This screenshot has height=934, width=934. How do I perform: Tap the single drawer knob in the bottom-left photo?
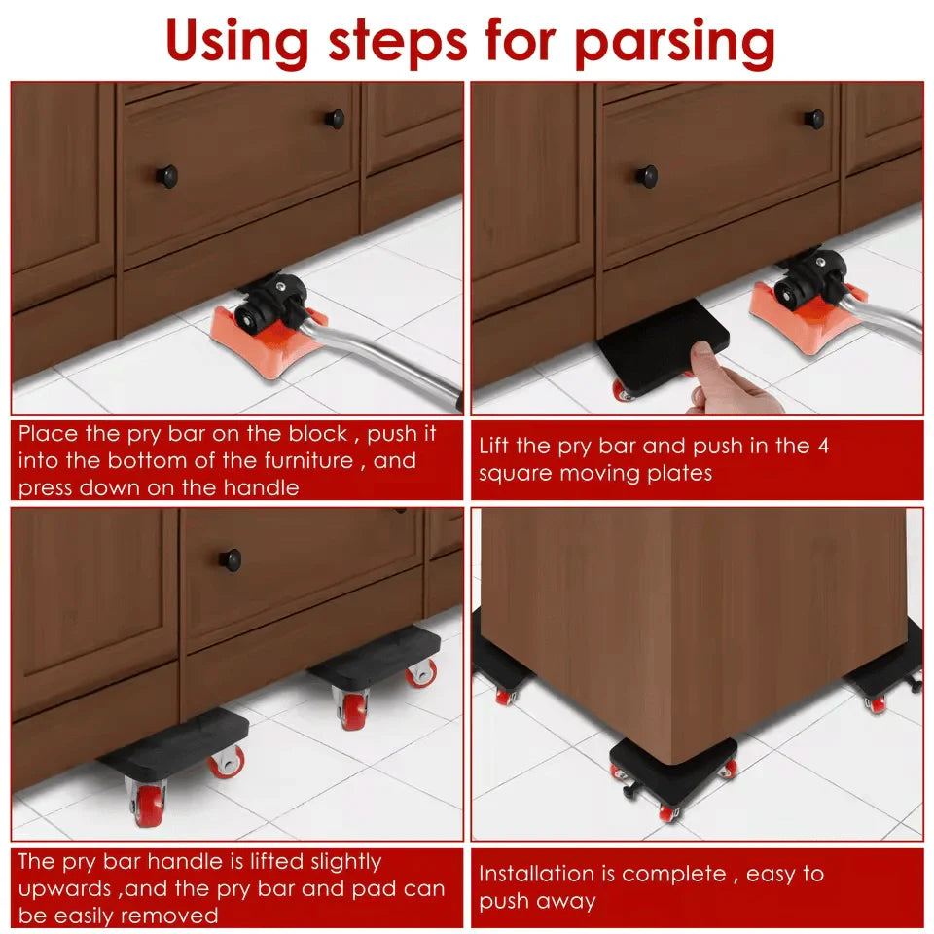(x=231, y=559)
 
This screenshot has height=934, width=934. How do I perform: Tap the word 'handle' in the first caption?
(x=260, y=487)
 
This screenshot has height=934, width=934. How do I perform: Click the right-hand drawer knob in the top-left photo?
(x=336, y=119)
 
